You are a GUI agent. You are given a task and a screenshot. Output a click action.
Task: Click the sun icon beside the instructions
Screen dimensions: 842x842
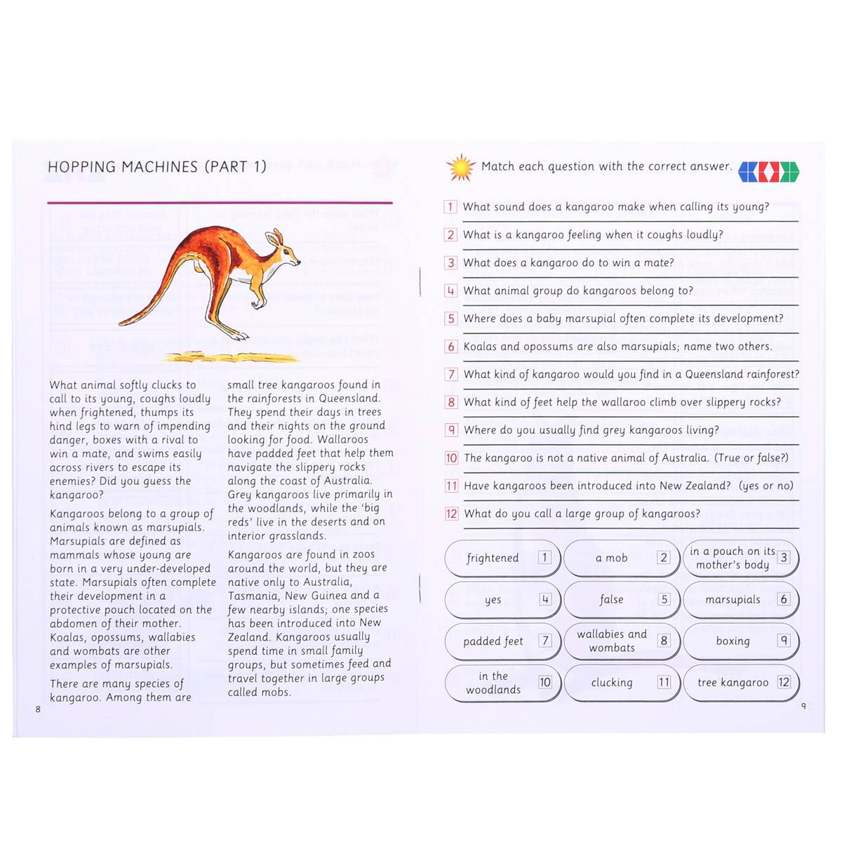coord(461,168)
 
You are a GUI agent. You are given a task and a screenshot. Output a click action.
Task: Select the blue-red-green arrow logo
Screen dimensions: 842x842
coord(769,171)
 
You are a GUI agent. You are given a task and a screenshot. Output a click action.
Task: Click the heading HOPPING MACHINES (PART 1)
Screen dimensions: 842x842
coord(157,167)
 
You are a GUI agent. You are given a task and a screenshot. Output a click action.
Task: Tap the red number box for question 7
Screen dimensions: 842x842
coord(451,375)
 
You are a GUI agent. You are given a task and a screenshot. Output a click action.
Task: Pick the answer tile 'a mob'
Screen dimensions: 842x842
coord(622,559)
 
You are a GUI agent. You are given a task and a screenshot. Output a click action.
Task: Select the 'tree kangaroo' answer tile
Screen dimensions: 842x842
coord(741,683)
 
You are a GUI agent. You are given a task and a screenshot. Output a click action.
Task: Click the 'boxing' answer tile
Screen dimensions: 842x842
coord(741,641)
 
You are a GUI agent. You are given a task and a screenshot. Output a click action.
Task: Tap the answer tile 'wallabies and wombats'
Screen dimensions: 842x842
coord(622,641)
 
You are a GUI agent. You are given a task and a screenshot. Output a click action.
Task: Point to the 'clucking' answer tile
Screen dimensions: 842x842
coord(622,683)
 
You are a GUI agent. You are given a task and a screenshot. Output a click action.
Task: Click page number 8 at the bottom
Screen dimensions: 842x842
coord(39,709)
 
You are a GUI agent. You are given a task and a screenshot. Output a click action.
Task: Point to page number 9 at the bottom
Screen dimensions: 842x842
coord(803,706)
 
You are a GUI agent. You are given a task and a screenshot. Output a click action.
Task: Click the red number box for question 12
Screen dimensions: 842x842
coord(451,514)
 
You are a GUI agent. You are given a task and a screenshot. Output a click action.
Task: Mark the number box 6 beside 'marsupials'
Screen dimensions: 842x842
coord(784,599)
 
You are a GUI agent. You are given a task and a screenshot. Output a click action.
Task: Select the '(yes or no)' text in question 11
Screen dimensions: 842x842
coord(766,486)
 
